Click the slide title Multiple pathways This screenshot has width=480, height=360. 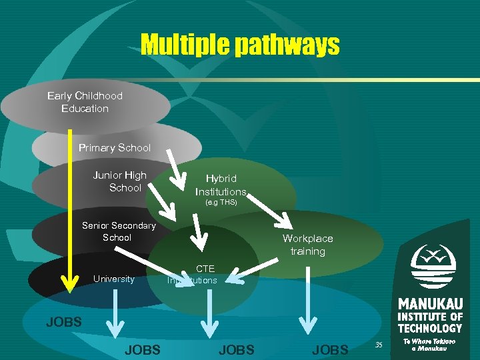click(x=239, y=45)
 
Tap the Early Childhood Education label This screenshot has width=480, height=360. click(x=85, y=102)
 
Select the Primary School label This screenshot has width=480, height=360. click(x=115, y=147)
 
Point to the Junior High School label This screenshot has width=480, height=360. click(x=120, y=181)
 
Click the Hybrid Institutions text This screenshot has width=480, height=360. click(x=221, y=185)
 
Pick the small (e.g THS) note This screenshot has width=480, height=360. click(x=221, y=201)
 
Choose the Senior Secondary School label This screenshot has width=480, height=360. click(x=118, y=231)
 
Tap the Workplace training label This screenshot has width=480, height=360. click(x=307, y=245)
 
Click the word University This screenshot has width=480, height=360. click(x=114, y=279)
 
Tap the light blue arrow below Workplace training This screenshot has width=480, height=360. click(x=307, y=300)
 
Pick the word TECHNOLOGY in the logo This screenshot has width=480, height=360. click(x=430, y=328)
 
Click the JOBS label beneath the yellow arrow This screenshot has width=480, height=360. click(x=64, y=322)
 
